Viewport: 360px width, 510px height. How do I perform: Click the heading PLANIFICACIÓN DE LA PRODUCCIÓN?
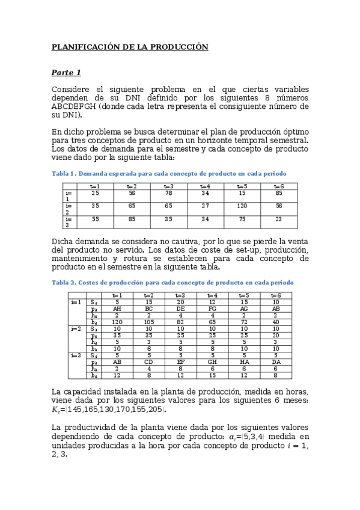(130, 46)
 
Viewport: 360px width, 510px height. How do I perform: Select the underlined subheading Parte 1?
(66, 73)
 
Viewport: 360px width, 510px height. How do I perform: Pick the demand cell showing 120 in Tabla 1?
(242, 206)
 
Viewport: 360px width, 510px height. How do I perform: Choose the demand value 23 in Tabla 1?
(278, 220)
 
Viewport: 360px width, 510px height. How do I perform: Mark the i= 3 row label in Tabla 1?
(68, 222)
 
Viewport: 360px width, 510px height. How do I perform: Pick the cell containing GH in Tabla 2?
(212, 363)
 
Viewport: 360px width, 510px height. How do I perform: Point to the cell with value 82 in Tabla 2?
(181, 322)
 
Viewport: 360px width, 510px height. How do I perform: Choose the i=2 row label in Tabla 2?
(76, 329)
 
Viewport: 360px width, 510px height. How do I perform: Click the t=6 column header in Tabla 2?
(275, 295)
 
